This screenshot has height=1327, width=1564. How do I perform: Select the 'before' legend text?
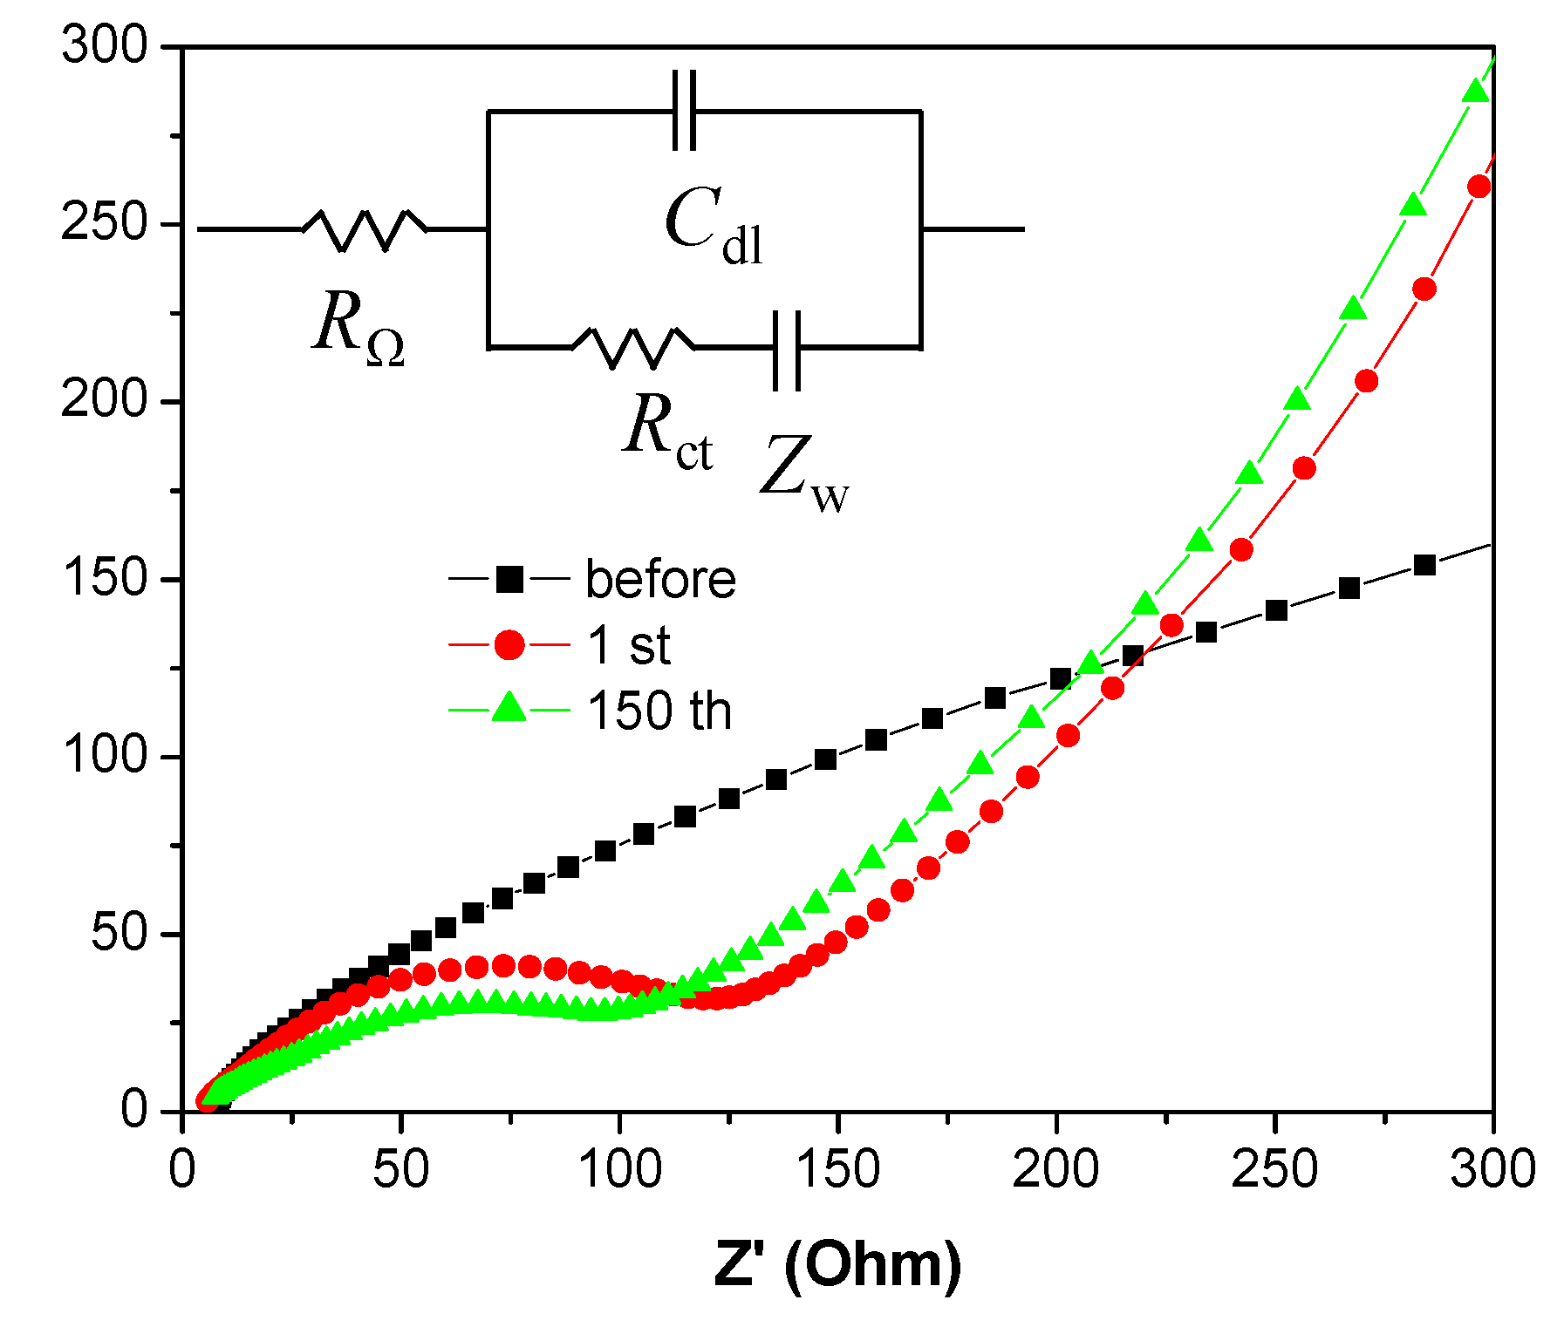(660, 579)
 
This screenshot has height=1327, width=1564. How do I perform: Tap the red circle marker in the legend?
(509, 645)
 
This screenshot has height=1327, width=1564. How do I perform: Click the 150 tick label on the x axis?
(837, 1168)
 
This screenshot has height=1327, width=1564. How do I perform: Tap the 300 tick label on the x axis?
(1492, 1168)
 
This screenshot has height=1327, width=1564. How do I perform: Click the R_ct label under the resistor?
(668, 430)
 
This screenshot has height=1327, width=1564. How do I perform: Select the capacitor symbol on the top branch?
(685, 111)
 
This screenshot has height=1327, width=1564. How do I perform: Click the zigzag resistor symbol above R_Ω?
(365, 229)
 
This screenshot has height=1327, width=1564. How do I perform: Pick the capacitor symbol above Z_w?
(787, 349)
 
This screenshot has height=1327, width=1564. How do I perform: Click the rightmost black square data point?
(1424, 565)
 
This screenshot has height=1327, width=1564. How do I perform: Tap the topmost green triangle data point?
(1474, 92)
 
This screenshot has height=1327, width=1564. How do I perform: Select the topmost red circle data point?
(1479, 187)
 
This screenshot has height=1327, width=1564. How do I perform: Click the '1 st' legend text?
(629, 645)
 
